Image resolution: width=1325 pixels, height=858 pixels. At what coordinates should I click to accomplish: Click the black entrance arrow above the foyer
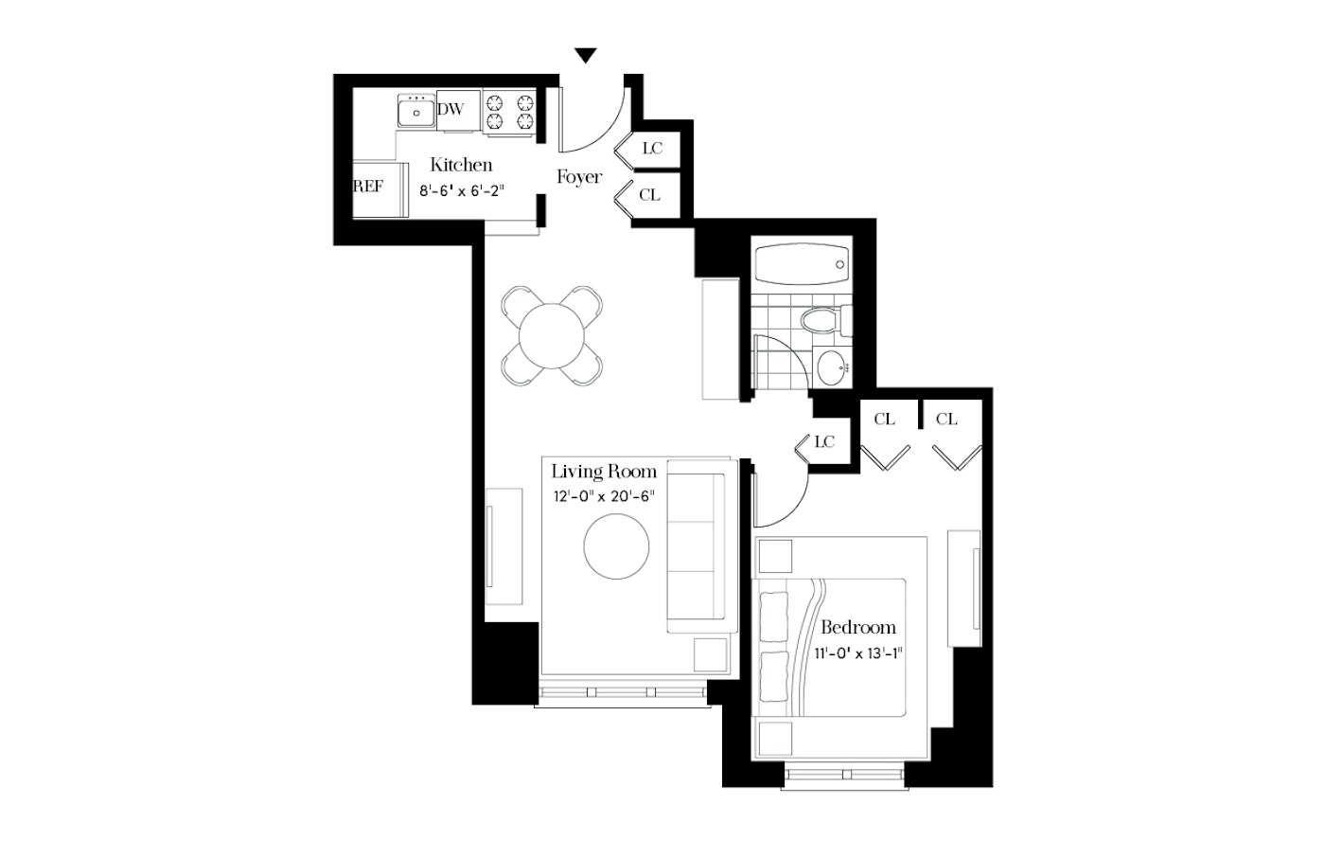[x=586, y=56]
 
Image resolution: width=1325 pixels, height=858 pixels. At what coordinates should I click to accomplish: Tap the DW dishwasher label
[x=450, y=109]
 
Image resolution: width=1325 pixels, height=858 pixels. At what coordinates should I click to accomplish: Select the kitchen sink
[x=416, y=111]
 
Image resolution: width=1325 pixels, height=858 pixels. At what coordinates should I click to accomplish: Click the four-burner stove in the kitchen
[x=509, y=112]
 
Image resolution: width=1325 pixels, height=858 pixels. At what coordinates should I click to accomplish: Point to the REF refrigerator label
[x=368, y=187]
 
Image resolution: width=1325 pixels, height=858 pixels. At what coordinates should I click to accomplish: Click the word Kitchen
[x=461, y=164]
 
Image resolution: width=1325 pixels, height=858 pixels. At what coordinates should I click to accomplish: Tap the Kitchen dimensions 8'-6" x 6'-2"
[x=462, y=190]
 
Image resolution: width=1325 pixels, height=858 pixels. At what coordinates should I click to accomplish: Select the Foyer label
[x=579, y=177]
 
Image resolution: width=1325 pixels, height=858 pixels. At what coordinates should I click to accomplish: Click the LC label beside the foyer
[x=652, y=148]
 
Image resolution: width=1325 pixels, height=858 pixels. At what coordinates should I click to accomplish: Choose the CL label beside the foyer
[x=649, y=195]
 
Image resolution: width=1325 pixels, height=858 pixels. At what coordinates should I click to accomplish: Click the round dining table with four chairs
[x=552, y=336]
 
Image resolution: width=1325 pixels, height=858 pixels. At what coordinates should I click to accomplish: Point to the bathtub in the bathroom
[x=803, y=264]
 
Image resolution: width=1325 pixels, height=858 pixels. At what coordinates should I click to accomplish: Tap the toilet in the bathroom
[x=826, y=321]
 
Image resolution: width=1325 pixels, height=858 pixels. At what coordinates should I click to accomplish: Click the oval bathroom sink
[x=832, y=367]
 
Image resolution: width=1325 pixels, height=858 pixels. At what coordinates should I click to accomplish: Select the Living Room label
[x=604, y=471]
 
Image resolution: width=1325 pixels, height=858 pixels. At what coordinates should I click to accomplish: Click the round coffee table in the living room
[x=616, y=546]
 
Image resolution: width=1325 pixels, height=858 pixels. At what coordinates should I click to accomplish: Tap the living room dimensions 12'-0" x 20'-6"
[x=604, y=496]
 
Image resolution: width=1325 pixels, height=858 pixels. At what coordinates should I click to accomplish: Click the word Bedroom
[x=858, y=627]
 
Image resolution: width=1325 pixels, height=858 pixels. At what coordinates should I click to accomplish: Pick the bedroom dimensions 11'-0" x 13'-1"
[x=858, y=653]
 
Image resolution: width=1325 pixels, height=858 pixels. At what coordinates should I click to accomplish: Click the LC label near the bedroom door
[x=824, y=441]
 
